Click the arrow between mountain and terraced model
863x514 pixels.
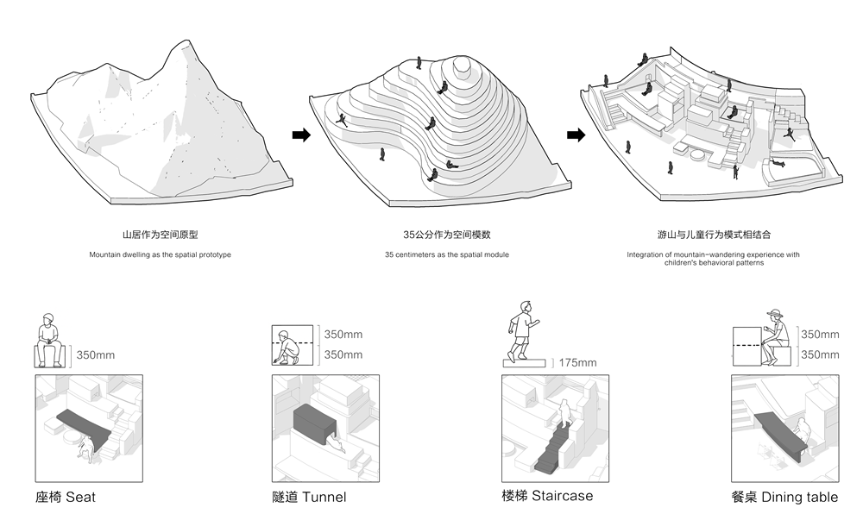(x=301, y=135)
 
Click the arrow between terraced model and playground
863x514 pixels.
(x=576, y=135)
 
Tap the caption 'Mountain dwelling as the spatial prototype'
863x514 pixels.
(x=160, y=255)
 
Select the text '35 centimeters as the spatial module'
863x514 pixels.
(x=446, y=255)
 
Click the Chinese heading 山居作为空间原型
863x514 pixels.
(x=160, y=235)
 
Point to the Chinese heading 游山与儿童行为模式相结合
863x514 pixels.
(x=713, y=235)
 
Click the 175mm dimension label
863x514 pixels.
(x=578, y=363)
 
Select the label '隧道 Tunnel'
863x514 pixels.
(x=309, y=497)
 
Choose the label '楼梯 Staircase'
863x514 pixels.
(x=547, y=496)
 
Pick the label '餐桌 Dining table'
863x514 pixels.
(x=783, y=497)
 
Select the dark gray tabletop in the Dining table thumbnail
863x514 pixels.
(x=781, y=431)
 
